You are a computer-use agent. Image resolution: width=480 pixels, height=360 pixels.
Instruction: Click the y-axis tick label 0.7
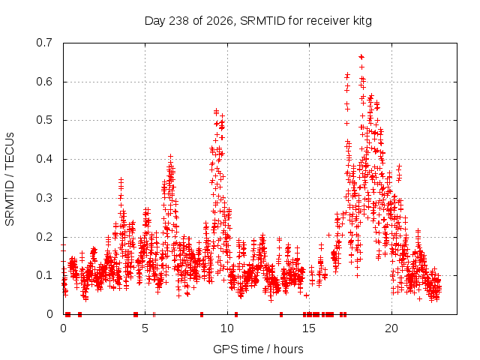click(x=44, y=43)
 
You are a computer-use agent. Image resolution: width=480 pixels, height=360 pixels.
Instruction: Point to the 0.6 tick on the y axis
click(x=44, y=82)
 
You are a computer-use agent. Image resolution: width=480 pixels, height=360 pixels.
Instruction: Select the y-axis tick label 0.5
click(x=44, y=120)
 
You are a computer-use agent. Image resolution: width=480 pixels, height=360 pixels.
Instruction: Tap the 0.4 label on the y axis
click(x=44, y=159)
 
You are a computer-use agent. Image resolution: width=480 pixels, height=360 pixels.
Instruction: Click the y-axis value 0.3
click(x=44, y=198)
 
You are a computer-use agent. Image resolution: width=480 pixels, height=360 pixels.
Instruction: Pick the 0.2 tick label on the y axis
click(x=44, y=237)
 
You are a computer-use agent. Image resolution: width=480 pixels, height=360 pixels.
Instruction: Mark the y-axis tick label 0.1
click(x=44, y=275)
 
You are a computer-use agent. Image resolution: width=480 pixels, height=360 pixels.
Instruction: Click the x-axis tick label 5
click(x=145, y=328)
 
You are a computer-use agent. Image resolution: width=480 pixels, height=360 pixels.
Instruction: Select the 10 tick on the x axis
click(x=227, y=328)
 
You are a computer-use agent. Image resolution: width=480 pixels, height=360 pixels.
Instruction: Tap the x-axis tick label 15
click(x=309, y=328)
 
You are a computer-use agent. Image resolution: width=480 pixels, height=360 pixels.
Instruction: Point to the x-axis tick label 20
click(x=391, y=328)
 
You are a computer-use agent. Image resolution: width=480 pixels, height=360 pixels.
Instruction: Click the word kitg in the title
click(x=361, y=21)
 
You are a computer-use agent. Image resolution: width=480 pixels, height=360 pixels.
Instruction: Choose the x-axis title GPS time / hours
click(x=258, y=349)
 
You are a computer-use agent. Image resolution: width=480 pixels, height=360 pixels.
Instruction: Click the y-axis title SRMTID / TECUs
click(x=10, y=179)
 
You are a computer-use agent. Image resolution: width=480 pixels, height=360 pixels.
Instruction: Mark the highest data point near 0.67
click(x=361, y=57)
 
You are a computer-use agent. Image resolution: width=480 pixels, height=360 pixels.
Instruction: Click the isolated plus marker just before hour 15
click(x=306, y=295)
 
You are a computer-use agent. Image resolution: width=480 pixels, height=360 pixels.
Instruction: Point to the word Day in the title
click(x=154, y=22)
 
